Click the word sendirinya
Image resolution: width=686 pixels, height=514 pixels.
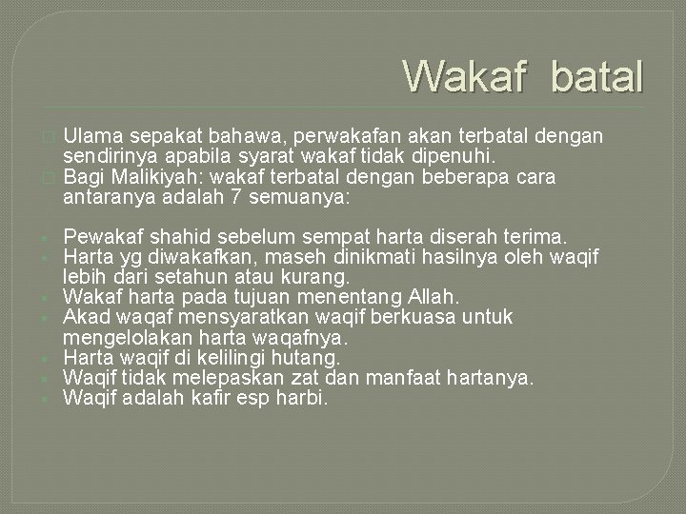coord(106,155)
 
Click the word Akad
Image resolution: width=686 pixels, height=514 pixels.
coord(85,317)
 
